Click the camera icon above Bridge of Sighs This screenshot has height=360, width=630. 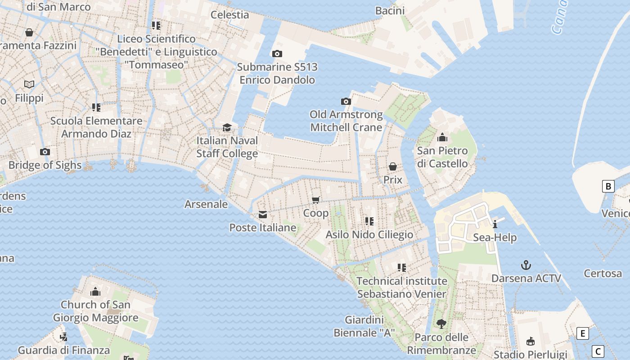point(45,152)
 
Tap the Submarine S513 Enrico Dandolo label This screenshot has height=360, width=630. point(277,74)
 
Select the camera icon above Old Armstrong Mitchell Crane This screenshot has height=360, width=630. point(346,102)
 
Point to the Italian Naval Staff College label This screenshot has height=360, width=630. point(227,147)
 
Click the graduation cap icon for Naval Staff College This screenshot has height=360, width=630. point(227,128)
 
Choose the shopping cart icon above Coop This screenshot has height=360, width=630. point(316,200)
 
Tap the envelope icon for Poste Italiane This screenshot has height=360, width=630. point(263,215)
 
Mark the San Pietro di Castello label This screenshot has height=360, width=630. point(442,157)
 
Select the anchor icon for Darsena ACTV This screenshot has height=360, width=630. point(526,265)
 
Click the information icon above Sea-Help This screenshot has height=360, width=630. point(495,224)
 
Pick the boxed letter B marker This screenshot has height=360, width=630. point(608,186)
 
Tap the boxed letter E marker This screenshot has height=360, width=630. point(583,333)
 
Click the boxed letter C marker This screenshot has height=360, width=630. point(598,351)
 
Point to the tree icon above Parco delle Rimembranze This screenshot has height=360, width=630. point(441,324)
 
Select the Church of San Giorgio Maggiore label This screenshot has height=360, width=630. point(95,311)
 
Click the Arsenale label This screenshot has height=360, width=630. point(206,204)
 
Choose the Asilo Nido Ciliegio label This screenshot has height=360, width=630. point(369,235)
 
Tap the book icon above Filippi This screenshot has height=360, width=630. point(29,85)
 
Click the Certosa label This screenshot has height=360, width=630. point(603,273)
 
